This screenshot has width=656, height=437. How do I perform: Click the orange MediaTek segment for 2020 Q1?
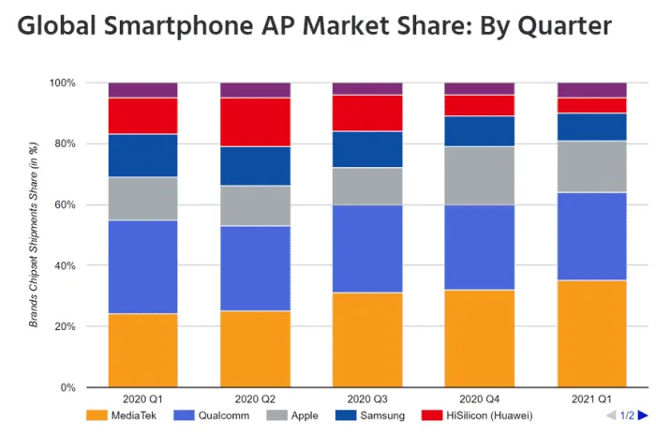pyautogui.click(x=142, y=350)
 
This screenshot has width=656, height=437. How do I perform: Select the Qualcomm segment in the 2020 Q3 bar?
pyautogui.click(x=367, y=249)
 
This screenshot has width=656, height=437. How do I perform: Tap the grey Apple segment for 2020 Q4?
pyautogui.click(x=479, y=175)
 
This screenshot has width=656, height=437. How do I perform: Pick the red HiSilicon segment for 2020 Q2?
pyautogui.click(x=255, y=122)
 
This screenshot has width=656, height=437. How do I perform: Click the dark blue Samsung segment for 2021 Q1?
pyautogui.click(x=591, y=127)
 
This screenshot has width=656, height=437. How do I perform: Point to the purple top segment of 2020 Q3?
pyautogui.click(x=367, y=88)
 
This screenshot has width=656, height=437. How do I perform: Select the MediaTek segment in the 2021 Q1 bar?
pyautogui.click(x=591, y=333)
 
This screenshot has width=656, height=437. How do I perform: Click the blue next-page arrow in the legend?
pyautogui.click(x=644, y=414)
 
